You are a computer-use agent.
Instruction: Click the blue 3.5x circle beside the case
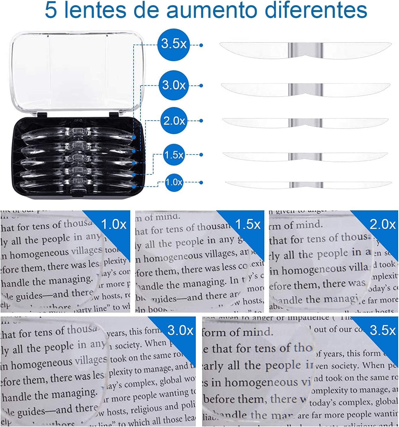pyautogui.click(x=174, y=44)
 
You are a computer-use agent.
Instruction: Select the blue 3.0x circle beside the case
pyautogui.click(x=174, y=85)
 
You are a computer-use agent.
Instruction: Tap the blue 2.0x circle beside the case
pyautogui.click(x=174, y=121)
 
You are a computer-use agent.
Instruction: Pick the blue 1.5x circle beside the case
pyautogui.click(x=174, y=155)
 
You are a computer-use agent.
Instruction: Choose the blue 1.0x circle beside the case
pyautogui.click(x=174, y=182)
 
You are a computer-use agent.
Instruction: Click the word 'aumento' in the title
pyautogui.click(x=212, y=10)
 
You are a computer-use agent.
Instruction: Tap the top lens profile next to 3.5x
pyautogui.click(x=305, y=51)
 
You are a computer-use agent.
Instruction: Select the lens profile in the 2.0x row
pyautogui.click(x=305, y=123)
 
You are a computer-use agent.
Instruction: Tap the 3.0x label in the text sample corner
pyautogui.click(x=180, y=330)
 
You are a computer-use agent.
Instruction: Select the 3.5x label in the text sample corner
pyautogui.click(x=382, y=330)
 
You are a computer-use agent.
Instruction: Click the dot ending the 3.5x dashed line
pyautogui.click(x=201, y=45)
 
